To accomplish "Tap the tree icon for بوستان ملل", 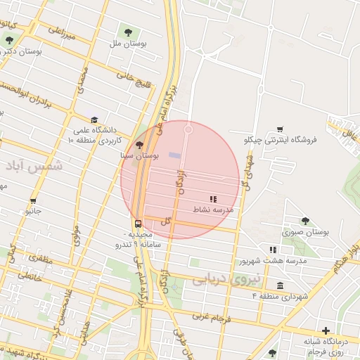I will (128, 32).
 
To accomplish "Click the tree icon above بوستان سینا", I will (139, 144).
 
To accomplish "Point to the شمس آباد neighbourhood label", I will (33, 165).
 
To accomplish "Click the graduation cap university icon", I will (95, 120).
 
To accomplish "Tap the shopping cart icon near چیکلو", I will (280, 129).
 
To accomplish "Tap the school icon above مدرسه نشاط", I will (213, 199).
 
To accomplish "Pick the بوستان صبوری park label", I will (306, 231).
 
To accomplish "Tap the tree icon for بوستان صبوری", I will (305, 221).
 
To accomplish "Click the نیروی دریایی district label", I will (226, 278).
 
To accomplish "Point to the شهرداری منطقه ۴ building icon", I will (281, 285).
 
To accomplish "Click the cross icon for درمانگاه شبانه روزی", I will (326, 330).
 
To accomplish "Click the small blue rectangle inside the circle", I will (174, 155).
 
